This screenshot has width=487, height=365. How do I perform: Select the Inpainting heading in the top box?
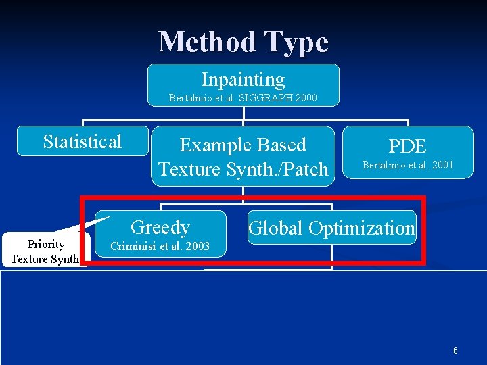[x=243, y=80]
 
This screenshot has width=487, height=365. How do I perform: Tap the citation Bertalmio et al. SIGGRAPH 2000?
[x=243, y=99]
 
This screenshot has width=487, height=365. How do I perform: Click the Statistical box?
[x=83, y=141]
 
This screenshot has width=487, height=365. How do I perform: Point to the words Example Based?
[x=243, y=145]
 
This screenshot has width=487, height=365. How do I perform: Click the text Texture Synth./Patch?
[x=243, y=169]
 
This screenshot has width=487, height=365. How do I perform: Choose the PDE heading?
[x=408, y=146]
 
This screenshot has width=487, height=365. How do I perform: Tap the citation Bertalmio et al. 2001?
[x=408, y=165]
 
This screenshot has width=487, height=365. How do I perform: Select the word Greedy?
[x=160, y=227]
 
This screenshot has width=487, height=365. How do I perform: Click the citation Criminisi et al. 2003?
[x=160, y=246]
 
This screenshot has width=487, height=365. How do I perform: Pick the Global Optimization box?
[x=331, y=228]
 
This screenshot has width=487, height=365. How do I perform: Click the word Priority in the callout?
[x=46, y=244]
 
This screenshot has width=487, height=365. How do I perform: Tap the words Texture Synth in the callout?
[x=45, y=259]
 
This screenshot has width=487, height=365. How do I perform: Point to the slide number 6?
[x=455, y=351]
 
